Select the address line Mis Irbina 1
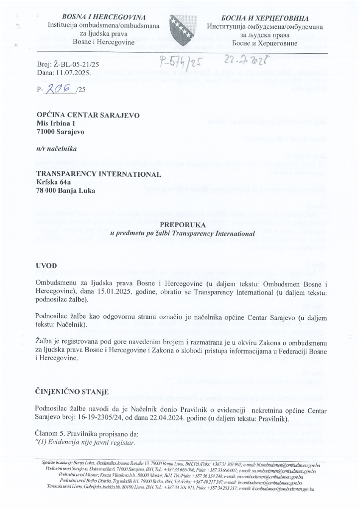click(x=56, y=124)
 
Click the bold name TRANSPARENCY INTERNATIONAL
click(x=99, y=174)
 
